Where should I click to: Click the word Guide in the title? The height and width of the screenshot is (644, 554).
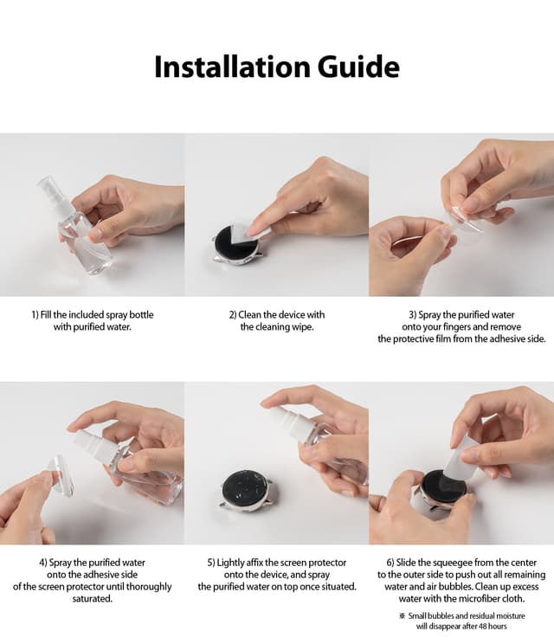pyautogui.click(x=357, y=67)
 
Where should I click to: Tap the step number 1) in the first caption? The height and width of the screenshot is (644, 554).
pyautogui.click(x=34, y=314)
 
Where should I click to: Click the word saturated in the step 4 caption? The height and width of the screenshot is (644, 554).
pyautogui.click(x=92, y=599)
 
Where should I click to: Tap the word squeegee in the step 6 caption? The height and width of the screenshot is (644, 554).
pyautogui.click(x=447, y=563)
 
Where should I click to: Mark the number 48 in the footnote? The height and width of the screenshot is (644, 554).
pyautogui.click(x=481, y=626)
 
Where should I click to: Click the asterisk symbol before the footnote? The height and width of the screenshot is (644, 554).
pyautogui.click(x=402, y=615)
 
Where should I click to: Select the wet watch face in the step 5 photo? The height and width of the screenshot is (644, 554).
pyautogui.click(x=244, y=489)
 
